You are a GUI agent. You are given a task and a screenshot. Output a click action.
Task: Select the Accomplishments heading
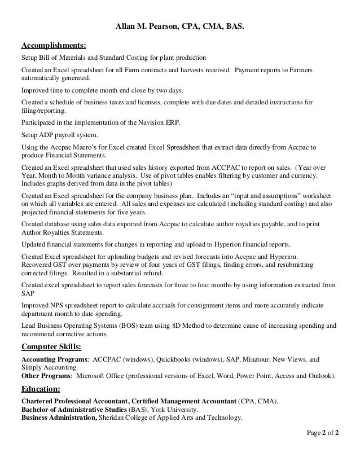(x=54, y=45)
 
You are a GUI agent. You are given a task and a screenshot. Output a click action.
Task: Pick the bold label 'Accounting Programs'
(x=54, y=359)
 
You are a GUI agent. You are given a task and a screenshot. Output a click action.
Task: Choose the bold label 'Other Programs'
(x=46, y=375)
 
